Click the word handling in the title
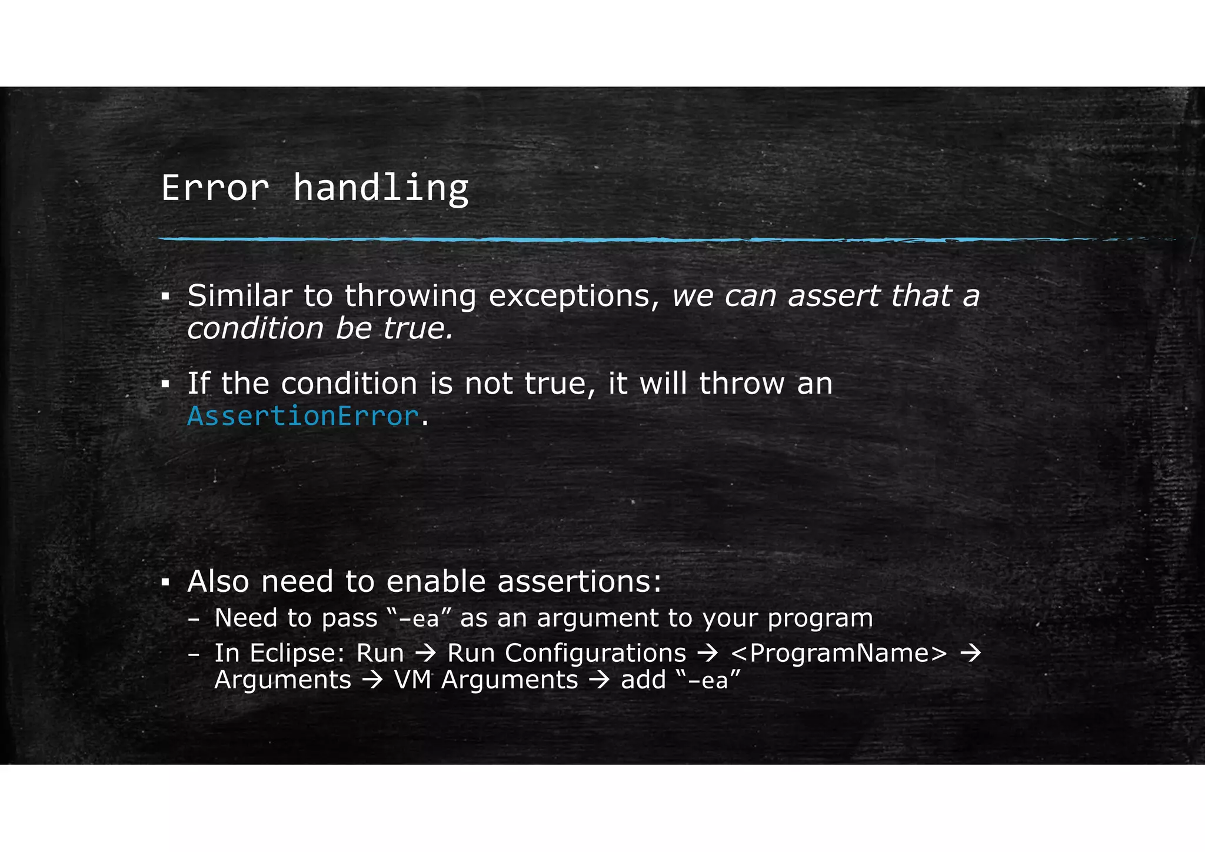pyautogui.click(x=381, y=188)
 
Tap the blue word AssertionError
pyautogui.click(x=303, y=416)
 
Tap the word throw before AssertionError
pyautogui.click(x=741, y=384)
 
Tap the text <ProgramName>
pyautogui.click(x=839, y=653)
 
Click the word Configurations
pyautogui.click(x=595, y=653)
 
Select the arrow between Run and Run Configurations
pyautogui.click(x=425, y=653)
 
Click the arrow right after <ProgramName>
pyautogui.click(x=970, y=653)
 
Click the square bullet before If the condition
pyautogui.click(x=165, y=385)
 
